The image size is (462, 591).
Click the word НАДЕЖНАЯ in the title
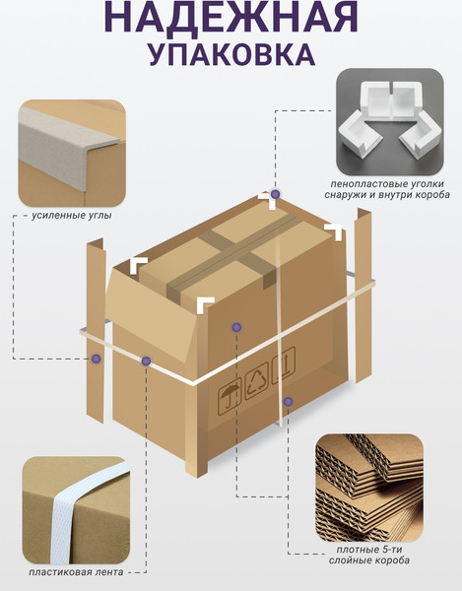(x=231, y=18)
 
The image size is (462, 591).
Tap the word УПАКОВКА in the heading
(x=231, y=54)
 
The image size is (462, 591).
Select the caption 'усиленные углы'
(x=72, y=216)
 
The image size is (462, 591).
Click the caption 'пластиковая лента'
(x=76, y=571)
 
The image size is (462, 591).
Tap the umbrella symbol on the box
(x=230, y=399)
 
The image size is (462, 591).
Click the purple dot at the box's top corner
(x=276, y=194)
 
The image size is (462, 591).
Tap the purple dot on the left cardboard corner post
(x=97, y=359)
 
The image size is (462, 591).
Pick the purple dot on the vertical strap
(x=288, y=402)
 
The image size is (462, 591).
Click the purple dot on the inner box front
(x=236, y=327)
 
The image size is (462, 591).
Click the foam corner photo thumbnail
(x=390, y=122)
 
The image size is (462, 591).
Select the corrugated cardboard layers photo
(x=369, y=488)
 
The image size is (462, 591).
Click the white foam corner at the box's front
(x=204, y=303)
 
